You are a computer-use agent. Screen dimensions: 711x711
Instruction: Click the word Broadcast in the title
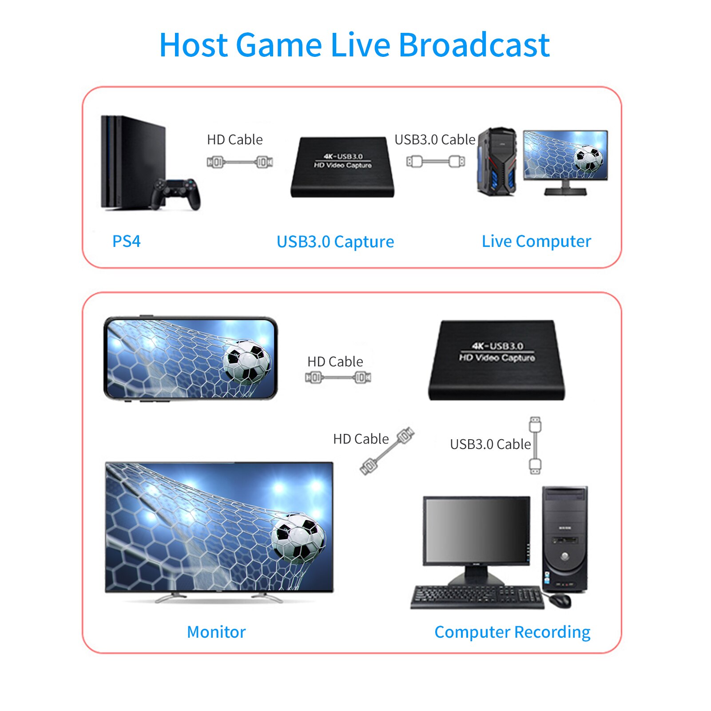474,45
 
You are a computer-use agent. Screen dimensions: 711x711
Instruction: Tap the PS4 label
126,241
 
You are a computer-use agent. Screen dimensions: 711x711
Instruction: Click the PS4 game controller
176,193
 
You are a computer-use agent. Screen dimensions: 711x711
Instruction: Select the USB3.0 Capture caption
335,242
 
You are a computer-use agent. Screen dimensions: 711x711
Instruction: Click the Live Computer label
536,241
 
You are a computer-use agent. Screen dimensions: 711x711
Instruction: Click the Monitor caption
216,632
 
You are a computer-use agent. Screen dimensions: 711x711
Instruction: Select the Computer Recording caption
512,632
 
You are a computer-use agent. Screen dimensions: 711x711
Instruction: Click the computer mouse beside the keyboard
560,600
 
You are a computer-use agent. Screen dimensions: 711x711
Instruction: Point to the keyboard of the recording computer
477,596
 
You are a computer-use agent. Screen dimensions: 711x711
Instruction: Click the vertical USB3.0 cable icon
535,445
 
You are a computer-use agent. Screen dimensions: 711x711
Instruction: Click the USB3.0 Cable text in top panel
434,139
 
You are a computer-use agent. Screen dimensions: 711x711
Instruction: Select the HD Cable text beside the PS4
234,139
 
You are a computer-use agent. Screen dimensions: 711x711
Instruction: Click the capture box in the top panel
342,167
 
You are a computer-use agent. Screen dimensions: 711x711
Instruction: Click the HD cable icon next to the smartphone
338,378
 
